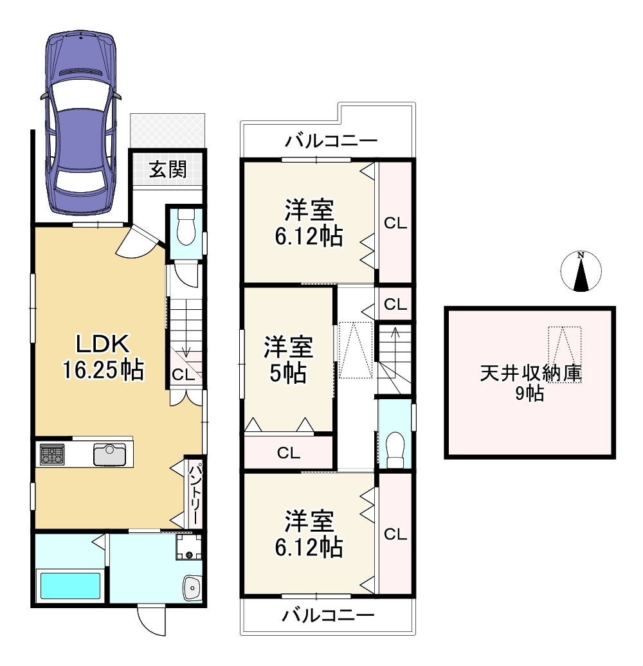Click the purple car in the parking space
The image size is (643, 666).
[x=80, y=123]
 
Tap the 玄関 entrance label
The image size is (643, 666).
[x=168, y=170]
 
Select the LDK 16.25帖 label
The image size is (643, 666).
[x=104, y=357]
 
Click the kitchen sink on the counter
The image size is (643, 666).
[x=109, y=455]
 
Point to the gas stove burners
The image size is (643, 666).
[x=52, y=455]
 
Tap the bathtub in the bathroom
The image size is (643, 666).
[x=71, y=586]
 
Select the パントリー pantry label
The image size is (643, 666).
[x=194, y=495]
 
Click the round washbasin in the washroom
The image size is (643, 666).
[x=192, y=588]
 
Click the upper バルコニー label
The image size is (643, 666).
[x=331, y=141]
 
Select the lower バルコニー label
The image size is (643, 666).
[x=329, y=615]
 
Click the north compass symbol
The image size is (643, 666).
[x=581, y=271]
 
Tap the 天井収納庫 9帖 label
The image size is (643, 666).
[x=530, y=384]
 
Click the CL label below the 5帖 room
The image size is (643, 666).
[x=289, y=453]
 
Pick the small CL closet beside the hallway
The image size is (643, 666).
[x=395, y=304]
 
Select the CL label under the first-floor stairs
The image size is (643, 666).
[x=183, y=375]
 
